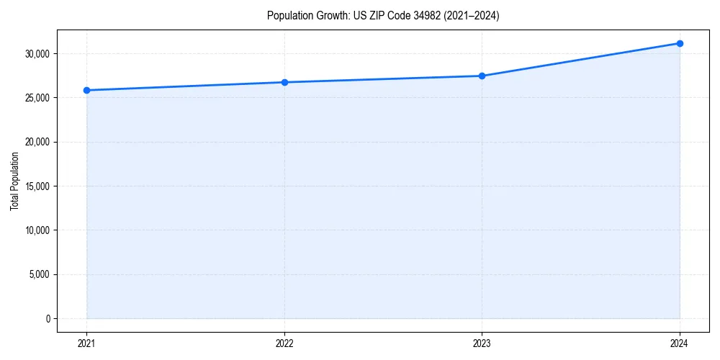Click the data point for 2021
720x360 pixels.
pyautogui.click(x=87, y=90)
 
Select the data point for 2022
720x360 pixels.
pyautogui.click(x=284, y=82)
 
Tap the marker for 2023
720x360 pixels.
pyautogui.click(x=482, y=76)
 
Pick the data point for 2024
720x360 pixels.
pyautogui.click(x=680, y=43)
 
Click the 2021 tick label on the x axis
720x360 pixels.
pyautogui.click(x=87, y=343)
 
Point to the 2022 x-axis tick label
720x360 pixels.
pyautogui.click(x=284, y=343)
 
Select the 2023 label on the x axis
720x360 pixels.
pyautogui.click(x=482, y=343)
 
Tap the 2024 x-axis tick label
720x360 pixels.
pyautogui.click(x=680, y=343)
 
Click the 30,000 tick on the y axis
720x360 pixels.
pyautogui.click(x=37, y=54)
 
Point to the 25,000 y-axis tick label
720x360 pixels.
pyautogui.click(x=37, y=98)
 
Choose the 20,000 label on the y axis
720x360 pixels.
pyautogui.click(x=37, y=142)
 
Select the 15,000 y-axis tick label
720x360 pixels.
pyautogui.click(x=37, y=186)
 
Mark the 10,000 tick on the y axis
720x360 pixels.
pyautogui.click(x=37, y=230)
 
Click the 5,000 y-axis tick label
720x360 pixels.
pyautogui.click(x=39, y=274)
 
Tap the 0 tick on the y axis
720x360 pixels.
pyautogui.click(x=48, y=318)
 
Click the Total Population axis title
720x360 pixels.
pyautogui.click(x=14, y=181)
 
